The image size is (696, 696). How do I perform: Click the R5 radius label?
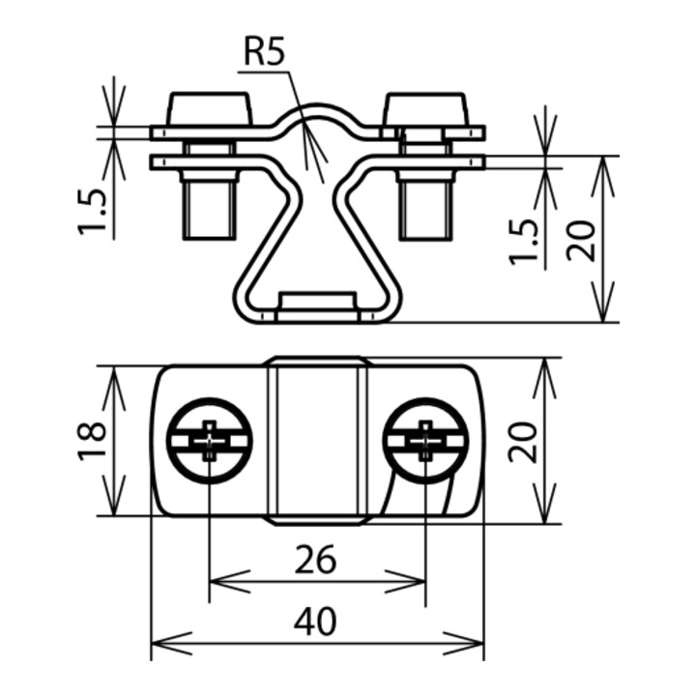(x=264, y=52)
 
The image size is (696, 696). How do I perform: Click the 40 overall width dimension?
(x=315, y=622)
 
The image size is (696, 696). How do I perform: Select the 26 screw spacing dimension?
(x=315, y=560)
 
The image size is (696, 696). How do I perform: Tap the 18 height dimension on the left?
(x=93, y=441)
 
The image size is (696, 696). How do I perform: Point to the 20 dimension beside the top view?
(x=523, y=441)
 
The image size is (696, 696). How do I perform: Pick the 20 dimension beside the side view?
(x=582, y=240)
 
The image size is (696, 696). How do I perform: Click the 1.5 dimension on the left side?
(x=93, y=212)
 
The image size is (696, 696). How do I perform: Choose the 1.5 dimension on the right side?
(x=523, y=242)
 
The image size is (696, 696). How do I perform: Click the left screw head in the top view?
(x=209, y=441)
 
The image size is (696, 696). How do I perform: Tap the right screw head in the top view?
(x=425, y=441)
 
